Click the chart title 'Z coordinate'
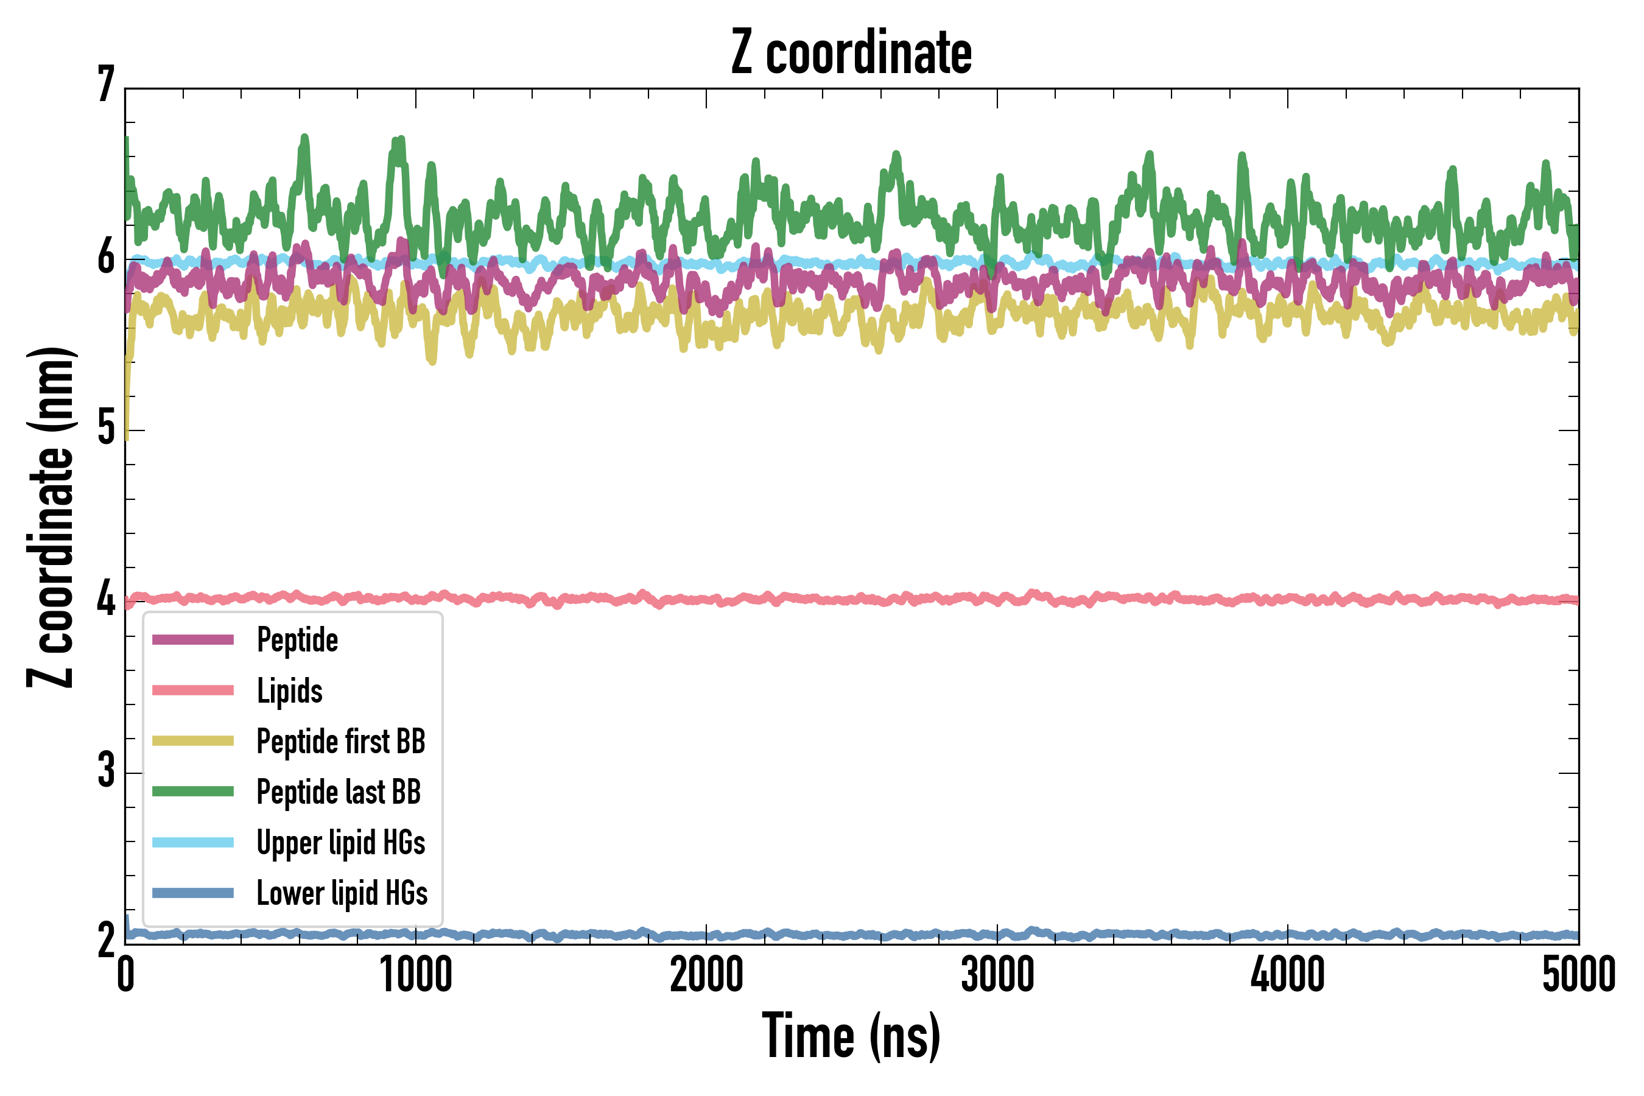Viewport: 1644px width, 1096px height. [x=851, y=53]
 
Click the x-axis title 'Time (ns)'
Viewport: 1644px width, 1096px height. [x=851, y=1036]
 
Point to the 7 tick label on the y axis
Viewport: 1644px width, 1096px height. [x=106, y=85]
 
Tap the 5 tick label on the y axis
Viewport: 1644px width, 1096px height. [x=106, y=428]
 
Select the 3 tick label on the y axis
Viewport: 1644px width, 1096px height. [x=106, y=770]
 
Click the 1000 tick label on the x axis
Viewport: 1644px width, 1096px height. [x=416, y=975]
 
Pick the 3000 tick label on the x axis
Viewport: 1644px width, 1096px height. [x=997, y=975]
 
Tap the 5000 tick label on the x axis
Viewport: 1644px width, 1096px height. [x=1578, y=975]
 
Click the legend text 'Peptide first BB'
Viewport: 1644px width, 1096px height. [x=341, y=742]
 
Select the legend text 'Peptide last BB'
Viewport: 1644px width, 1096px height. [x=339, y=792]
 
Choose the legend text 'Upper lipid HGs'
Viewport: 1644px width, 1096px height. [x=341, y=842]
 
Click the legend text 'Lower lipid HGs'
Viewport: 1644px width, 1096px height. [x=342, y=893]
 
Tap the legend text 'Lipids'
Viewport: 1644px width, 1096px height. [x=290, y=691]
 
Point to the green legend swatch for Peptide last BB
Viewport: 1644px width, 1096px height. [x=193, y=791]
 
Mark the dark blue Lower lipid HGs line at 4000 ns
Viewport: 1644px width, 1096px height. [x=1288, y=934]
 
